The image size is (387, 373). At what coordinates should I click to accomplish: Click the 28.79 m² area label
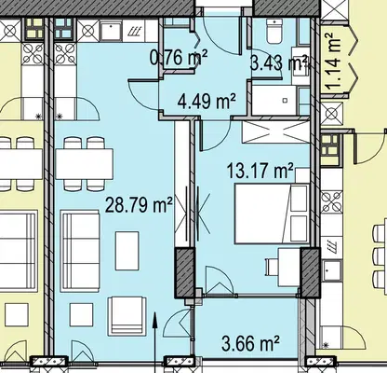pos(139,205)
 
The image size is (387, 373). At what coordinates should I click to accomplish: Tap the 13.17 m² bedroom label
pos(260,171)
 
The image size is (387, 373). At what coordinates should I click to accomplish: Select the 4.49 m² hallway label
pos(207,101)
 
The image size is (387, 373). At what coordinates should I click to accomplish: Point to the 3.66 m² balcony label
pos(250,343)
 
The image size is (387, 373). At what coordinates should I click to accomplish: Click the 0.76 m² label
pos(179,58)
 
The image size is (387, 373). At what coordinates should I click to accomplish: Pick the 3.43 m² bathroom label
pos(279,63)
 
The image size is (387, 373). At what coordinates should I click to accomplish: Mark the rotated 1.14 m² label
pos(334,62)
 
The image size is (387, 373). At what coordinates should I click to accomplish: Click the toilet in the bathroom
pos(274,31)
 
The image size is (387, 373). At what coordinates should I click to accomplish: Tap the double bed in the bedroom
pos(272,214)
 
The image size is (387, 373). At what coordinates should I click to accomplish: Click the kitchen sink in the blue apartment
pos(111,31)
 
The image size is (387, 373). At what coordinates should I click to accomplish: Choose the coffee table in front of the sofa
pos(127,251)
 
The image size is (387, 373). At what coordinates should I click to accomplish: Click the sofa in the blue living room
pos(80,251)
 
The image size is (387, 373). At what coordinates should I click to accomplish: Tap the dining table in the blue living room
pos(84,164)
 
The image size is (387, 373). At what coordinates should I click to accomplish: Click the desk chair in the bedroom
pos(272,267)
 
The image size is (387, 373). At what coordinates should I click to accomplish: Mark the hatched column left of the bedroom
pos(184,272)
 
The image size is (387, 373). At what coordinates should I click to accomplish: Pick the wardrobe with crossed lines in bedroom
pos(275,132)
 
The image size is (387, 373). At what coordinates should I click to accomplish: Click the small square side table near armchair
pos(81,314)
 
